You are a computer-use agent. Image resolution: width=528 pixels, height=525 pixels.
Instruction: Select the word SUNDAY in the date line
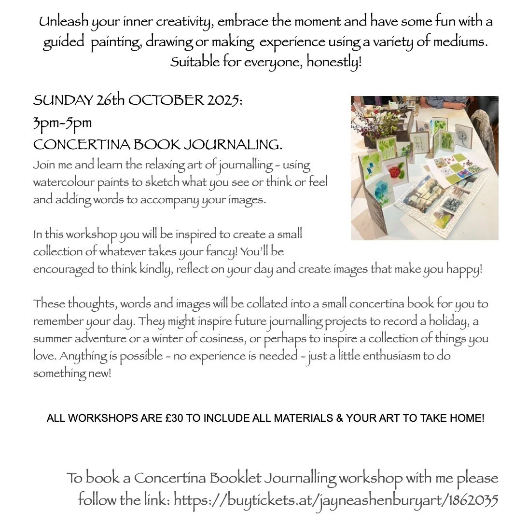coord(62,101)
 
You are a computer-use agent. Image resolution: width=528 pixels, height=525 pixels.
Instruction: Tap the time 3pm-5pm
coord(62,123)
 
